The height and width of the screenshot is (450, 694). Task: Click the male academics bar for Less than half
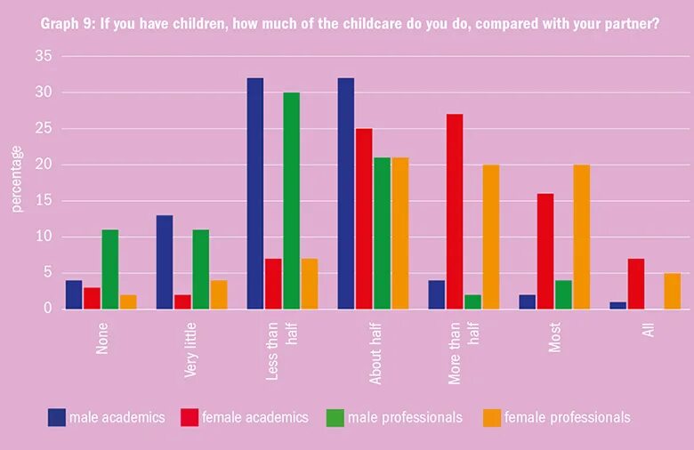pyautogui.click(x=255, y=194)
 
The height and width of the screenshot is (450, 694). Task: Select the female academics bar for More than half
pyautogui.click(x=455, y=212)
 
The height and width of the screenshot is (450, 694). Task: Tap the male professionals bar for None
pyautogui.click(x=109, y=269)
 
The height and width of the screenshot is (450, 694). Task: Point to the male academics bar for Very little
pyautogui.click(x=165, y=262)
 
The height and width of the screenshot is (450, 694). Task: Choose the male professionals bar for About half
pyautogui.click(x=382, y=234)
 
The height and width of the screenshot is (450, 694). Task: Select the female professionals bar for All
pyautogui.click(x=672, y=292)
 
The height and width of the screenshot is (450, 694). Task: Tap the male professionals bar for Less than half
pyautogui.click(x=292, y=201)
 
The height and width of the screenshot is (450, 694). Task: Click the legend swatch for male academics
pyautogui.click(x=57, y=417)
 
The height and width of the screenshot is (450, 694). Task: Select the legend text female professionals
pyautogui.click(x=567, y=417)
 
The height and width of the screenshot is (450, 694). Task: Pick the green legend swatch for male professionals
pyautogui.click(x=335, y=417)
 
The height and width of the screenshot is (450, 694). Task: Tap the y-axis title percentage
pyautogui.click(x=16, y=181)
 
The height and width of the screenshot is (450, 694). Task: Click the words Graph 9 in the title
pyautogui.click(x=65, y=23)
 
